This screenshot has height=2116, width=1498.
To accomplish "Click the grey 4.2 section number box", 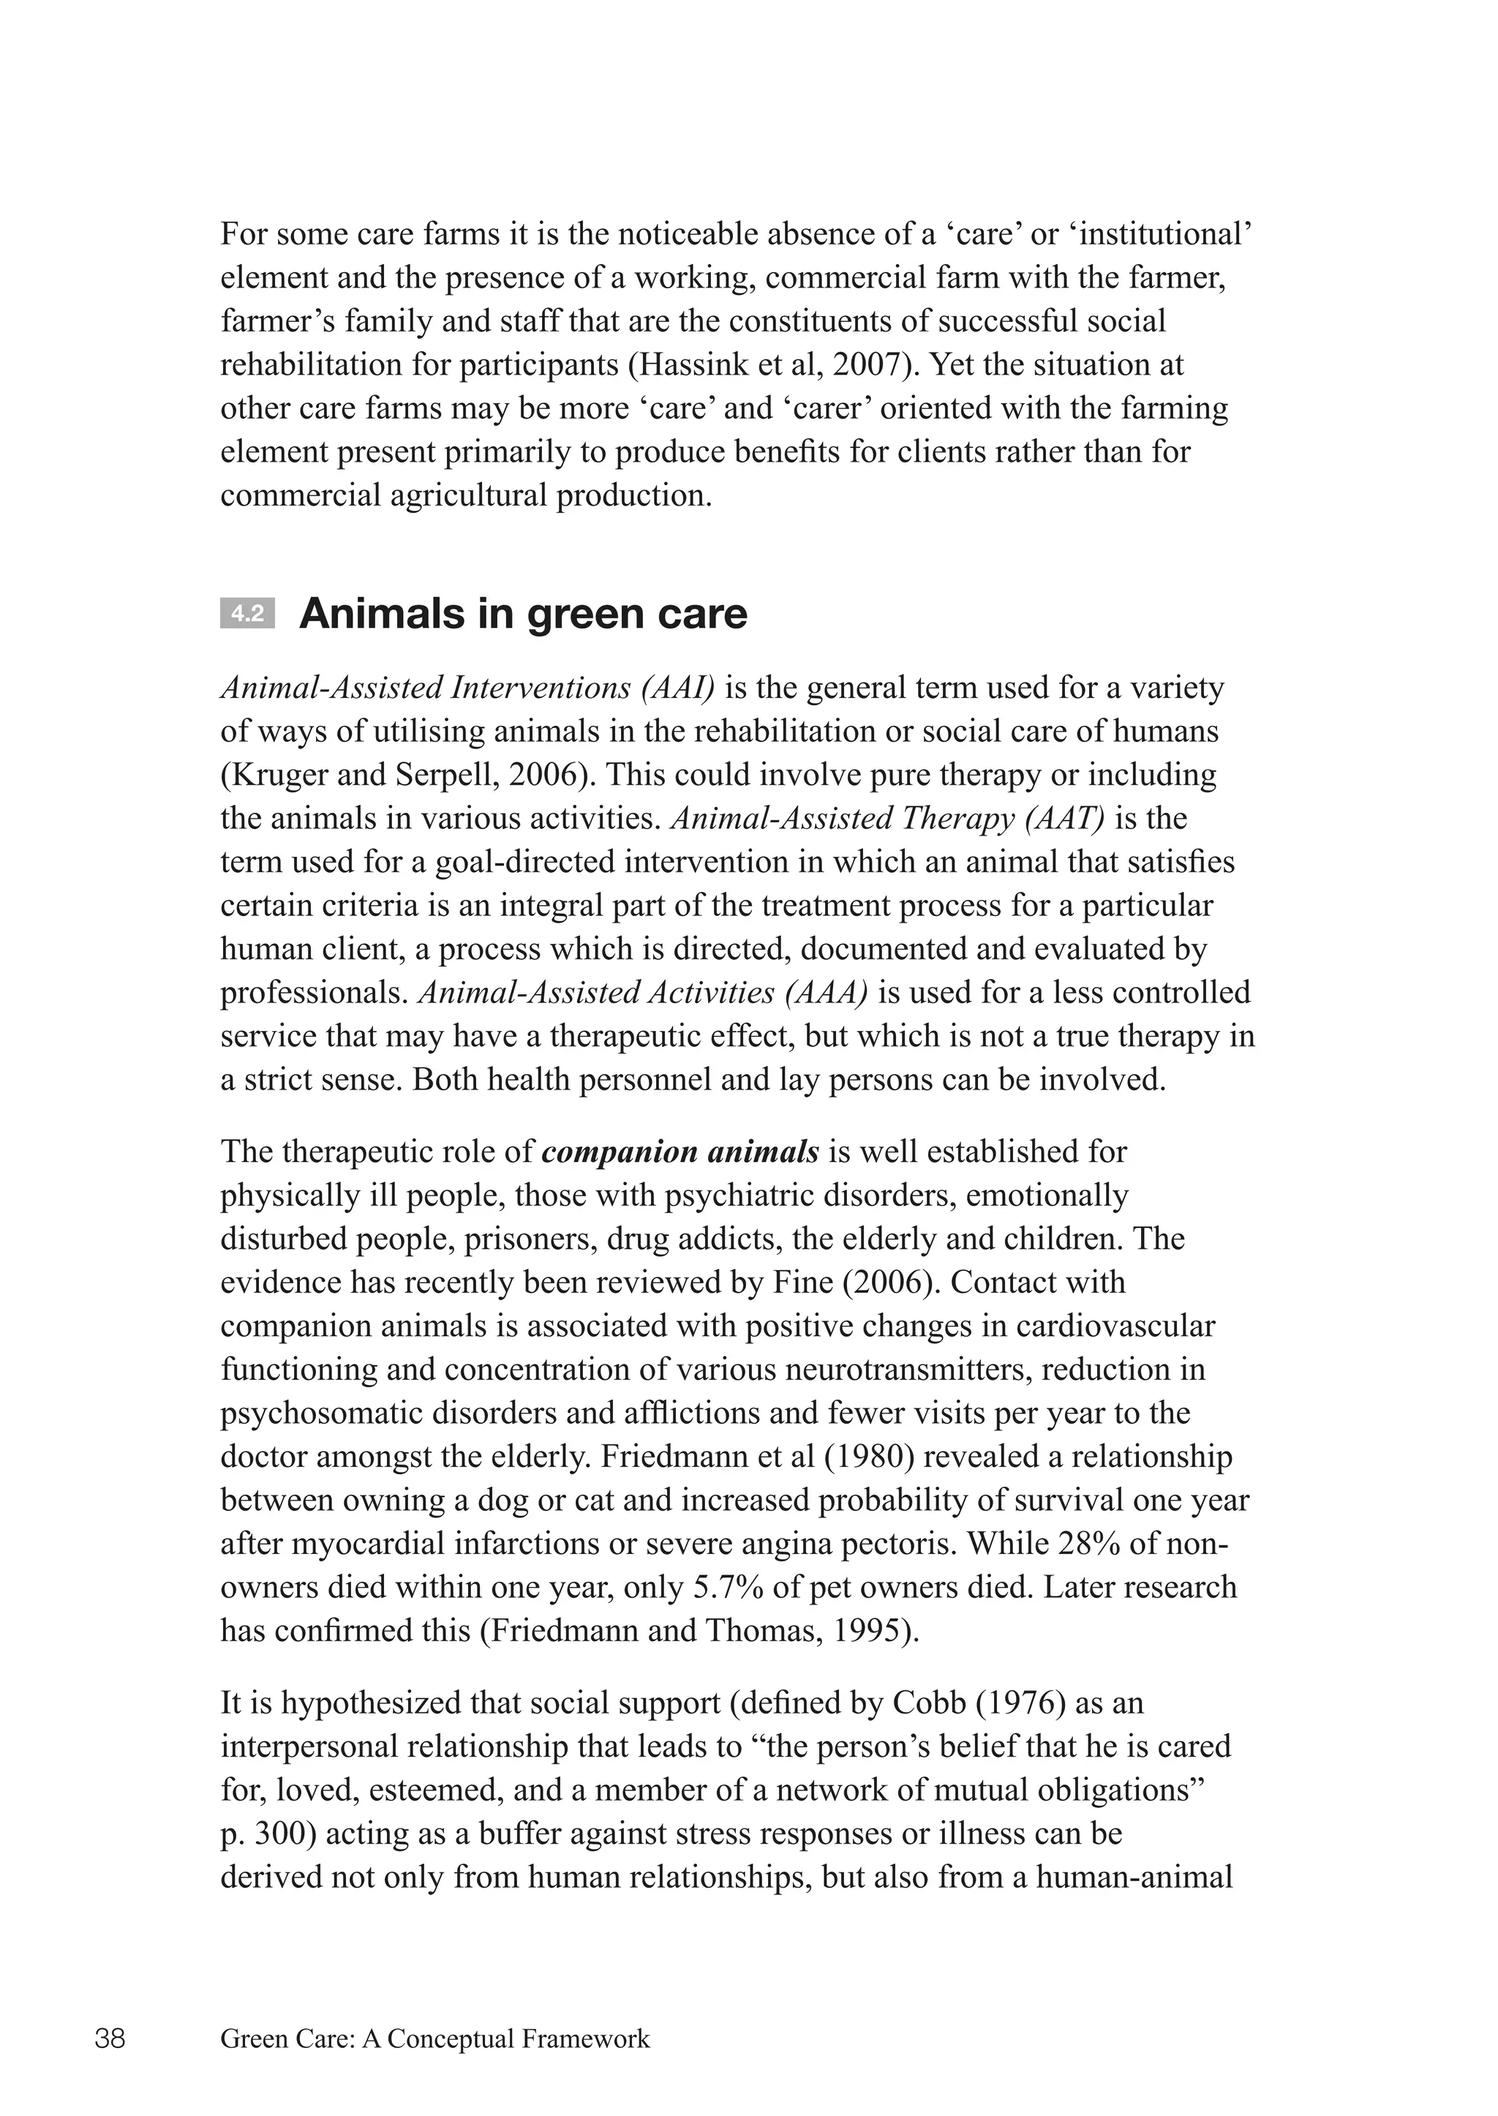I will (x=247, y=614).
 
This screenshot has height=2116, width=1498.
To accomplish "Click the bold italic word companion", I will (x=619, y=1152).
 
